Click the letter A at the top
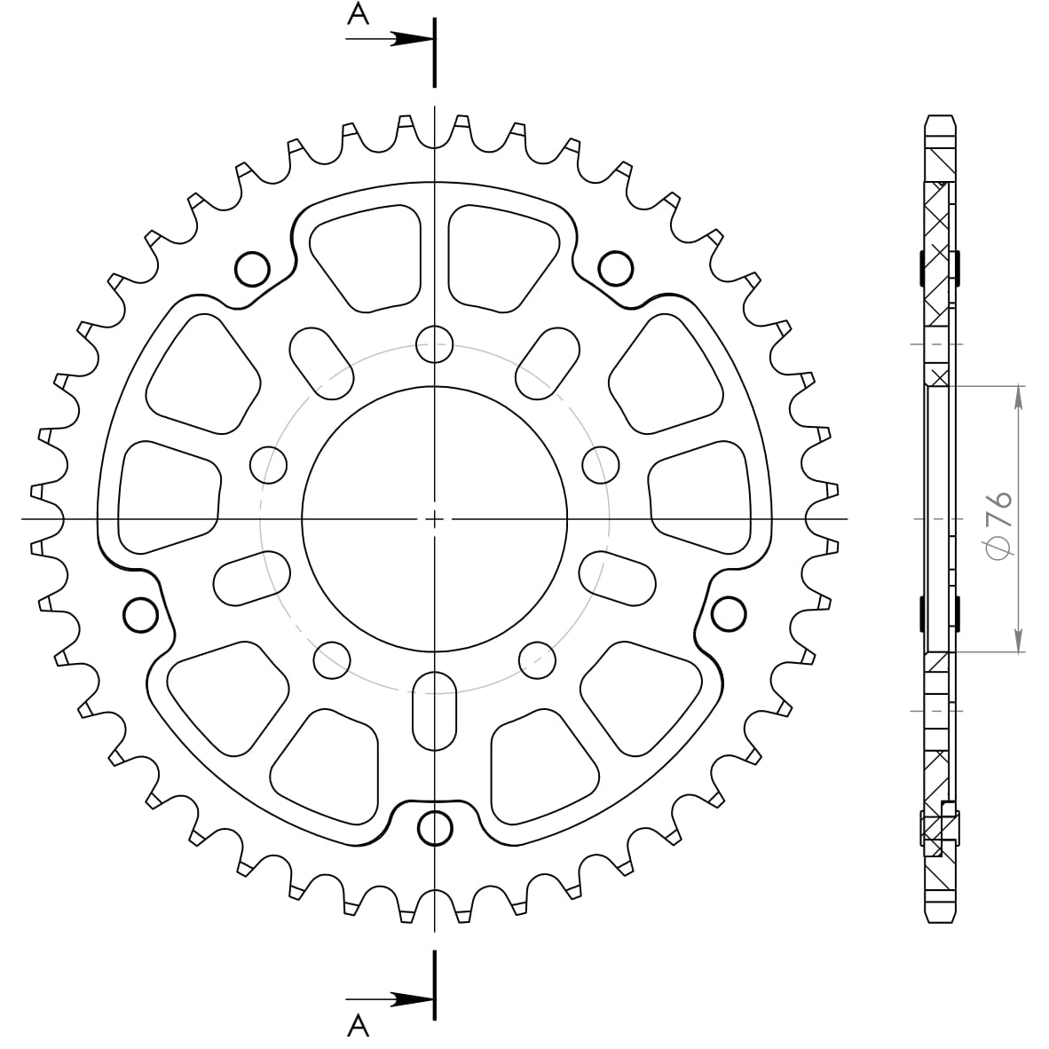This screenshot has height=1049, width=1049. pyautogui.click(x=359, y=13)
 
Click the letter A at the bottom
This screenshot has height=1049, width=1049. pyautogui.click(x=359, y=1024)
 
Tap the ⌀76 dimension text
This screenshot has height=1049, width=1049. pyautogui.click(x=999, y=526)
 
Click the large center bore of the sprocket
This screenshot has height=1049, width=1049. pyautogui.click(x=434, y=518)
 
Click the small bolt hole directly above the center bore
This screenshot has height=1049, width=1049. pyautogui.click(x=434, y=344)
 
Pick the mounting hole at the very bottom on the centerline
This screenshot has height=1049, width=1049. pyautogui.click(x=435, y=829)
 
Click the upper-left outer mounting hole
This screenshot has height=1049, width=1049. pyautogui.click(x=253, y=269)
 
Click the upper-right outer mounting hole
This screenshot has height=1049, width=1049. pyautogui.click(x=616, y=269)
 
